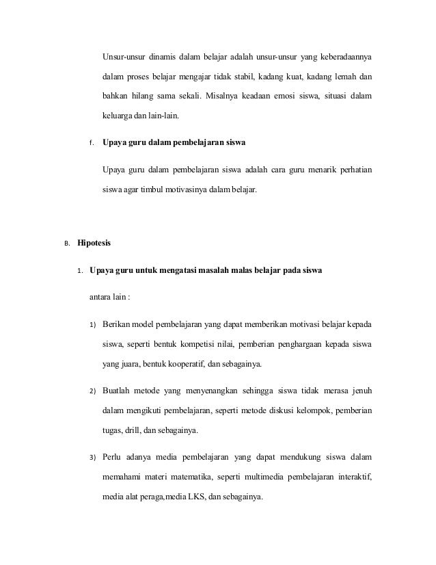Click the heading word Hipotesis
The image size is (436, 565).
click(99, 243)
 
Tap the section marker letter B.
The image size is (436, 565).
click(67, 244)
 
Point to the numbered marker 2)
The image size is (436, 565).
click(93, 391)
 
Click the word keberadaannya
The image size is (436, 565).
click(344, 55)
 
